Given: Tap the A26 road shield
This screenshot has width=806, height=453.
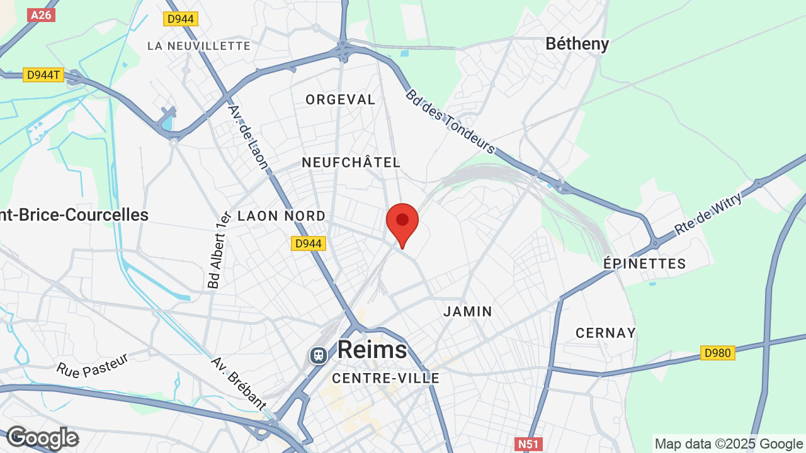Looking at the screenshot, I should tap(41, 14).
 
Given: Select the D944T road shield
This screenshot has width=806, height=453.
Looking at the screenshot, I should tap(43, 75).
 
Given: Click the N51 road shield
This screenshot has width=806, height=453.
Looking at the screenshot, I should tap(528, 444).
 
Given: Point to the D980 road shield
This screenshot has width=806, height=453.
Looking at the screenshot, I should tap(717, 353).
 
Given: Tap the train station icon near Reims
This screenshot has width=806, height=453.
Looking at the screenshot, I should tap(319, 355).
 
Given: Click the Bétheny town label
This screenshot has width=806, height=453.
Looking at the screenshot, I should tap(577, 44).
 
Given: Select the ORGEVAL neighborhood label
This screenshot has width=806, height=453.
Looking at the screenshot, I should tap(340, 99).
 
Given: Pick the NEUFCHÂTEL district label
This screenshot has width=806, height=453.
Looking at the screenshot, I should tap(351, 162).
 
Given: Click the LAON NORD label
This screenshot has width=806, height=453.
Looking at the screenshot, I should tap(281, 216).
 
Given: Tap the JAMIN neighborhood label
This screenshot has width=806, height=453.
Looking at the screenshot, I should tap(468, 311).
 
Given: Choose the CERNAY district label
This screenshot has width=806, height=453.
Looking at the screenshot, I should tap(605, 333).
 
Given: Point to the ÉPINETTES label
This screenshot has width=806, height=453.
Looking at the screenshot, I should tap(644, 264).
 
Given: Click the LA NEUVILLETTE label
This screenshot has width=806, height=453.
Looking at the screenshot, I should tap(199, 46).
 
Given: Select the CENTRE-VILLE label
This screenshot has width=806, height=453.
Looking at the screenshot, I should tap(385, 378).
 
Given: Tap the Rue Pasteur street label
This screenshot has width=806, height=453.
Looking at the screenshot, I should tap(92, 365).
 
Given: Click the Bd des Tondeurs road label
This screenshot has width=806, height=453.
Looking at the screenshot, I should tap(450, 121).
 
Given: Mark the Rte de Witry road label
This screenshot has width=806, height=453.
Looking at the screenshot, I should tap(708, 214).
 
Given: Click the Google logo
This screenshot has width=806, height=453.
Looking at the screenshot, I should tap(42, 438).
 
